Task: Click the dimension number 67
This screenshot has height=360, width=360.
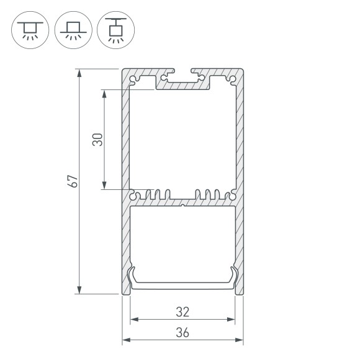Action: click(73, 181)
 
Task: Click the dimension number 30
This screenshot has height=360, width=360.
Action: click(97, 140)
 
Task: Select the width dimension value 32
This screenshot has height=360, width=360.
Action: click(182, 311)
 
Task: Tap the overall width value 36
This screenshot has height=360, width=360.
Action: click(182, 331)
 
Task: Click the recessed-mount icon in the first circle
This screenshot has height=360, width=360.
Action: click(28, 29)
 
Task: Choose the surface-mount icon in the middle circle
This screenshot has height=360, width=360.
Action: click(72, 29)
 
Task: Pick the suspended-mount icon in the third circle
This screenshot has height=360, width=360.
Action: click(115, 29)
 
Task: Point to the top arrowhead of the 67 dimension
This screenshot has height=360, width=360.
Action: click(79, 73)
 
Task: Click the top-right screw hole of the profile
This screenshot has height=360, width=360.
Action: click(232, 80)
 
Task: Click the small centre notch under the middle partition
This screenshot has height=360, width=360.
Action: click(182, 204)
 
